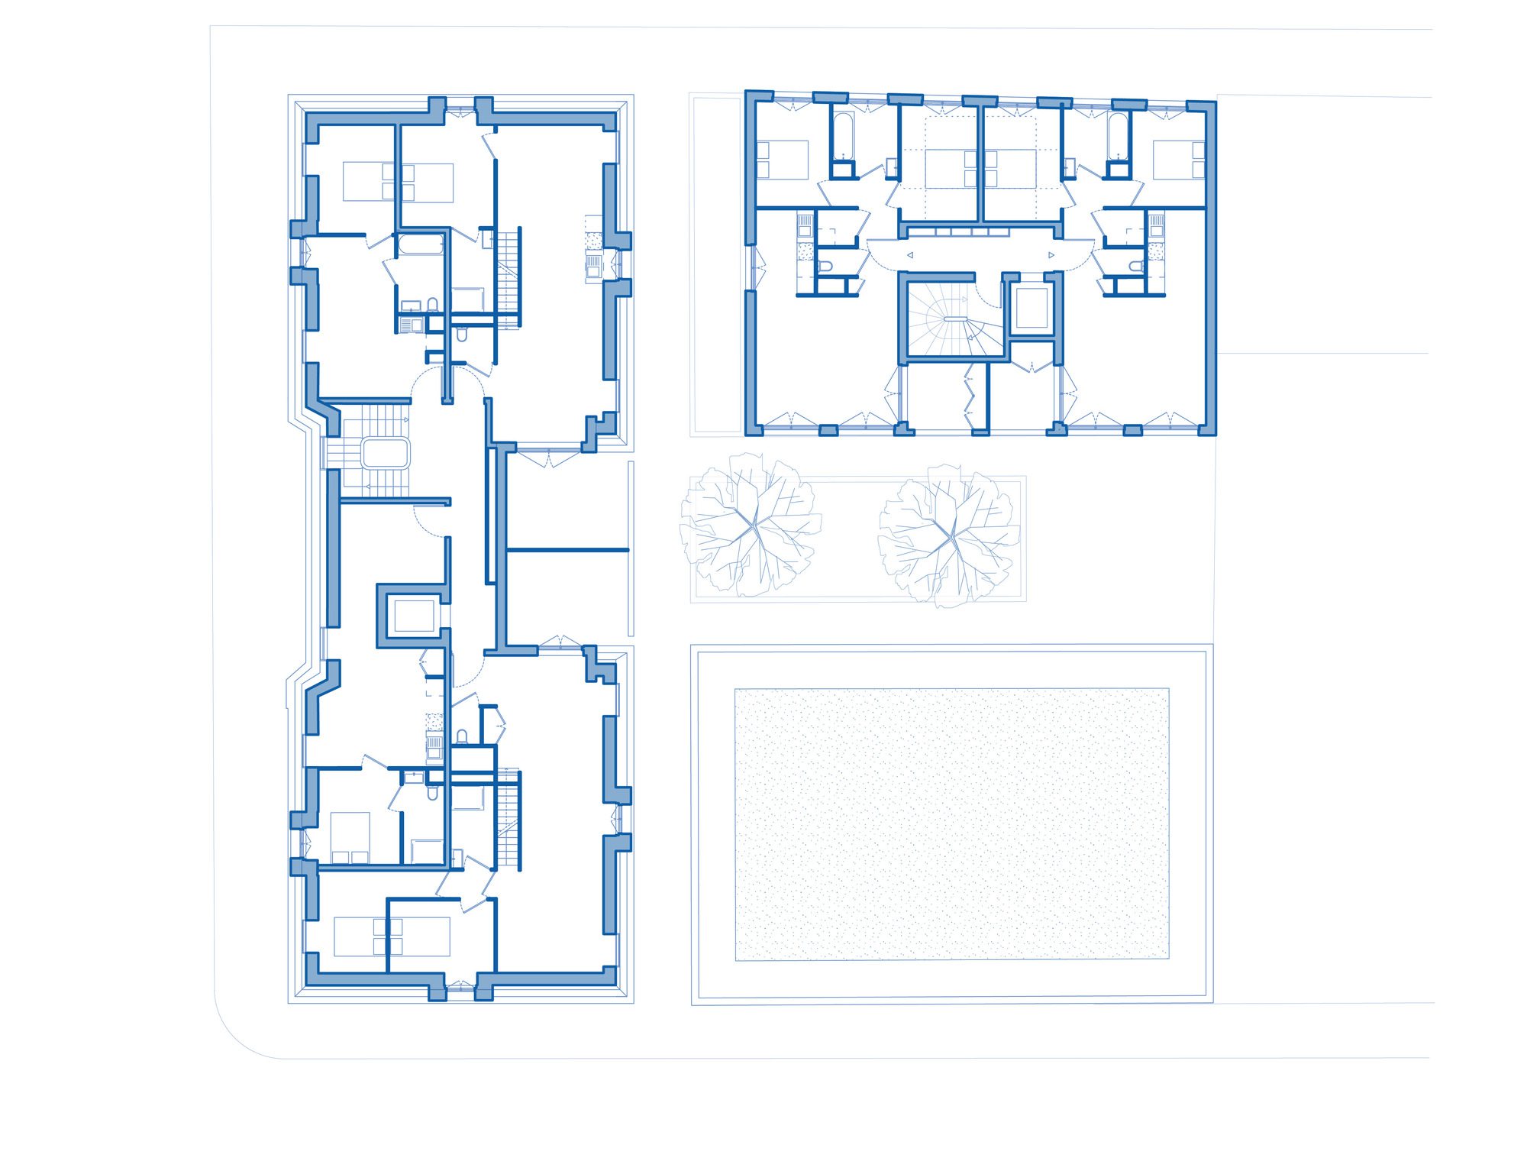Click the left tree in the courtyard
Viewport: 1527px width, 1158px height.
pyautogui.click(x=751, y=526)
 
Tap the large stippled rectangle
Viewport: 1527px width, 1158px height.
pyautogui.click(x=951, y=824)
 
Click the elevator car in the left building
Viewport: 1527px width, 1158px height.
pyautogui.click(x=414, y=616)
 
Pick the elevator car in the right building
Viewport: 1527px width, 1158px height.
pyautogui.click(x=1031, y=308)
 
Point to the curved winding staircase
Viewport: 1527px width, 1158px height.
pyautogui.click(x=954, y=319)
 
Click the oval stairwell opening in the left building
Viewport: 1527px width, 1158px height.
pyautogui.click(x=386, y=452)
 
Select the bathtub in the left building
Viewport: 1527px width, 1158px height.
pyautogui.click(x=419, y=244)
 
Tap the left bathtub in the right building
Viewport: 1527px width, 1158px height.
pyautogui.click(x=843, y=134)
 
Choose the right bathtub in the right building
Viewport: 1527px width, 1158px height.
pyautogui.click(x=1117, y=134)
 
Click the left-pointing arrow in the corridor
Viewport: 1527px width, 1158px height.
pyautogui.click(x=909, y=255)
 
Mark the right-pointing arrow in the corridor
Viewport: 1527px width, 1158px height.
pyautogui.click(x=1051, y=255)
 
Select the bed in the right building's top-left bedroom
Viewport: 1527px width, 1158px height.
pyautogui.click(x=782, y=160)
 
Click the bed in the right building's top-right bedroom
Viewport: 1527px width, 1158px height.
pyautogui.click(x=1179, y=160)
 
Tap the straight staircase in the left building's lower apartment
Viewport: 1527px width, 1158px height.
pyautogui.click(x=508, y=819)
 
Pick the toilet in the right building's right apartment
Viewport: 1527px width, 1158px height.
pyautogui.click(x=1135, y=266)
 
